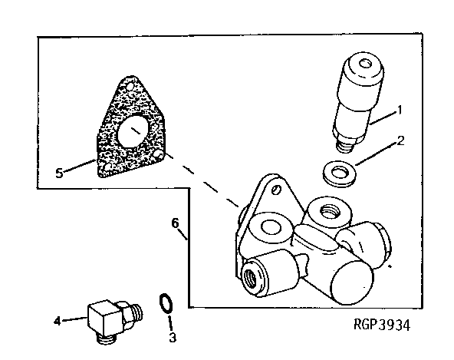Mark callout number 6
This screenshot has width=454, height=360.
click(x=176, y=223)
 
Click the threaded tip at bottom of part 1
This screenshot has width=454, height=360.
click(x=345, y=143)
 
